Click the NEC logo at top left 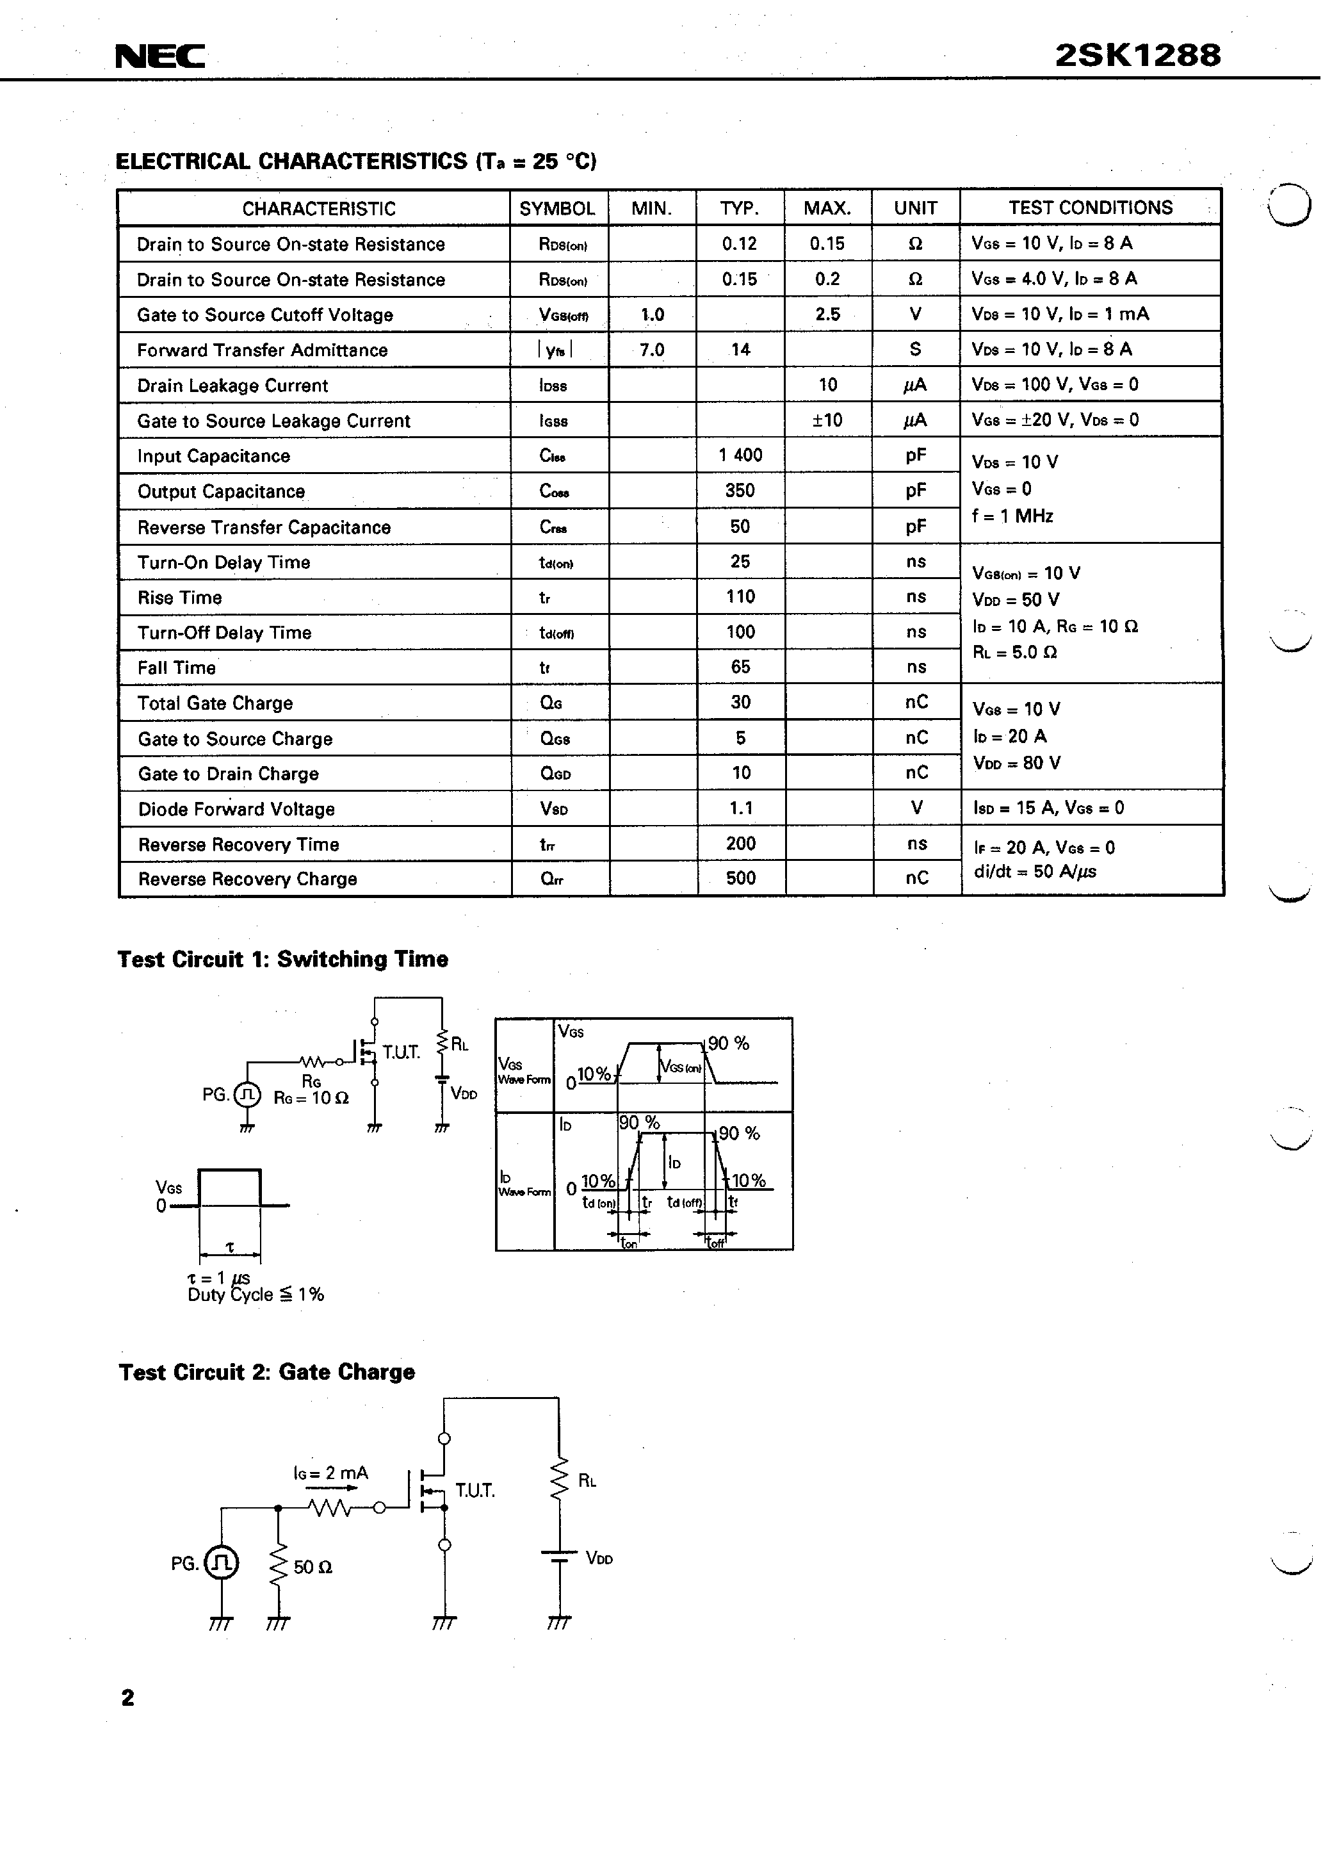point(160,56)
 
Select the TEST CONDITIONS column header point(1090,208)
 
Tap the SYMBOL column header point(557,209)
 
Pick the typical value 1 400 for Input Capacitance point(740,455)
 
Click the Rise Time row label point(179,598)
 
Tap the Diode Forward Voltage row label point(236,809)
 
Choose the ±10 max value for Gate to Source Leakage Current point(827,420)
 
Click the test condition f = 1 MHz point(1012,516)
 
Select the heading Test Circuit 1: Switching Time point(282,960)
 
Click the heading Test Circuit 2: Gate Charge point(267,1372)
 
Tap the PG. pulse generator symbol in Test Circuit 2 point(222,1563)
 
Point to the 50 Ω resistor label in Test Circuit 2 point(313,1567)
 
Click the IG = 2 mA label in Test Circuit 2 point(330,1473)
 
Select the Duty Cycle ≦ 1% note point(256,1295)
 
